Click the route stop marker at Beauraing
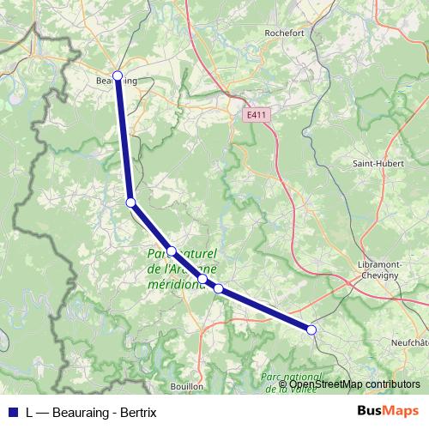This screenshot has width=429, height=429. (118, 76)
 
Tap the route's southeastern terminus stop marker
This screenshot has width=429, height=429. (311, 329)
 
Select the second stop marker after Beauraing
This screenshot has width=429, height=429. (172, 251)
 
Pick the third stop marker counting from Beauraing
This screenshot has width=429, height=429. (202, 279)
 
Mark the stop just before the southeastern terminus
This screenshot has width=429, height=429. (219, 289)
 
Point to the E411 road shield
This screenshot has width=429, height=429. (255, 114)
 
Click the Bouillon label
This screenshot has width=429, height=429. (187, 386)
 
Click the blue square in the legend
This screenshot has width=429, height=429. (13, 412)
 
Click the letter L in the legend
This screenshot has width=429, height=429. (30, 412)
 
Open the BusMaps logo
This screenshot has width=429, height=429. (388, 411)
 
